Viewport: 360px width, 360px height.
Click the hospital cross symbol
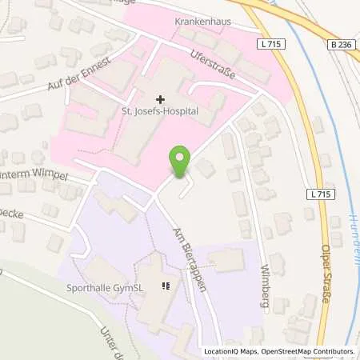point(161,100)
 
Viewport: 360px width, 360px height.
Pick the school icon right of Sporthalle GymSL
point(166,286)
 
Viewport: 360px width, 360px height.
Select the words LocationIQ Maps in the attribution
point(231,351)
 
